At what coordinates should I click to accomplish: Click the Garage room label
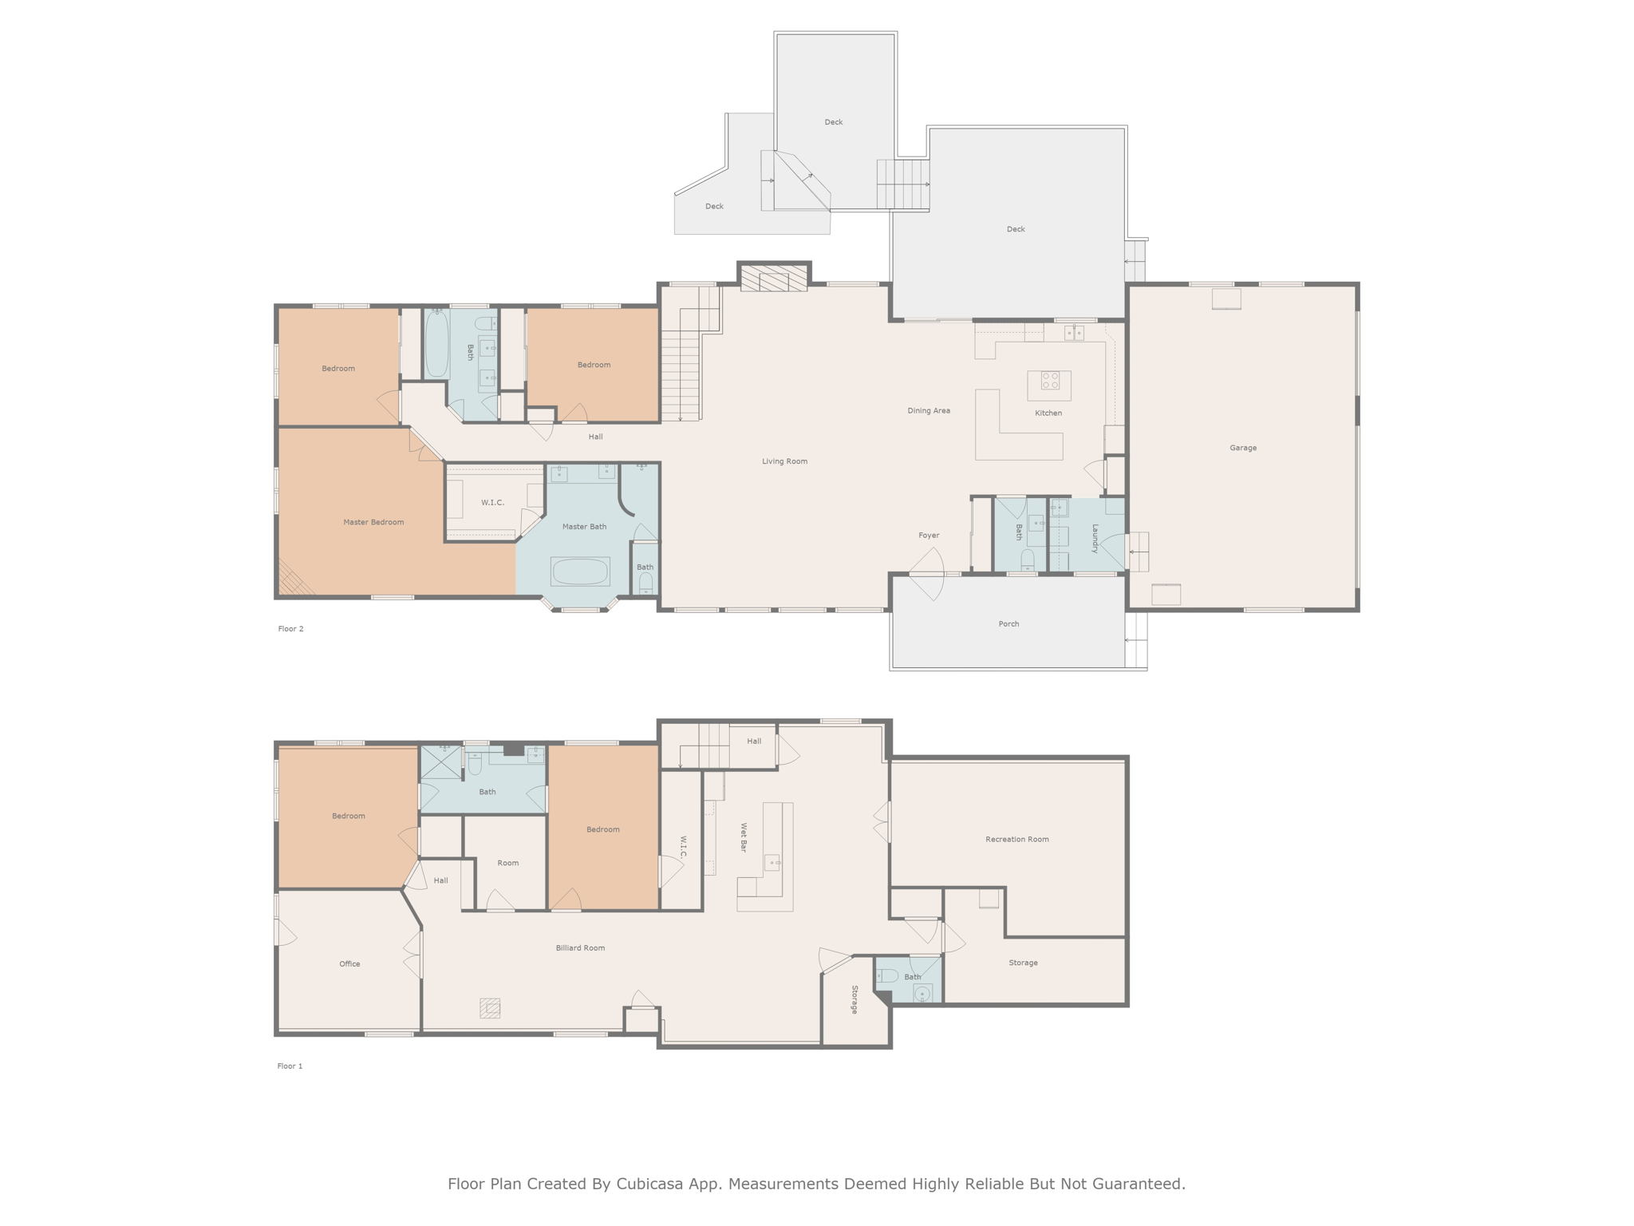[x=1242, y=448]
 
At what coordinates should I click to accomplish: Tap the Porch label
[x=1008, y=624]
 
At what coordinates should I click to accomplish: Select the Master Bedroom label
[x=373, y=522]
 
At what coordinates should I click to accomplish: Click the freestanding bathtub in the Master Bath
[x=580, y=571]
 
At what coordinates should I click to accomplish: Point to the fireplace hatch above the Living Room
[x=773, y=279]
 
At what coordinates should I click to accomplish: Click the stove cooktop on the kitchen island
[x=1049, y=381]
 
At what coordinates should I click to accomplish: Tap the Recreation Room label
[x=1016, y=839]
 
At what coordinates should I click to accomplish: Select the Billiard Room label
[x=580, y=948]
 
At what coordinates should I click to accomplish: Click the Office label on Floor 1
[x=349, y=964]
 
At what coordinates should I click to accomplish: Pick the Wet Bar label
[x=744, y=836]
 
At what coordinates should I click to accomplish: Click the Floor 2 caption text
[x=290, y=629]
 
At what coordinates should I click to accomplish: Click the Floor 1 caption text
[x=290, y=1066]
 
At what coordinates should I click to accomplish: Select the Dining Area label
[x=929, y=411]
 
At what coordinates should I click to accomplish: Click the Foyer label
[x=929, y=536]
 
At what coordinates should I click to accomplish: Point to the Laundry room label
[x=1095, y=538]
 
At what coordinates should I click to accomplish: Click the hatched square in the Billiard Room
[x=490, y=1008]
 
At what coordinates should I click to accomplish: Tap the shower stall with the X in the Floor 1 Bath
[x=441, y=762]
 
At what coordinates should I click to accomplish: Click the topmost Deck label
[x=833, y=122]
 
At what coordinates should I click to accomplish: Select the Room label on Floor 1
[x=507, y=863]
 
